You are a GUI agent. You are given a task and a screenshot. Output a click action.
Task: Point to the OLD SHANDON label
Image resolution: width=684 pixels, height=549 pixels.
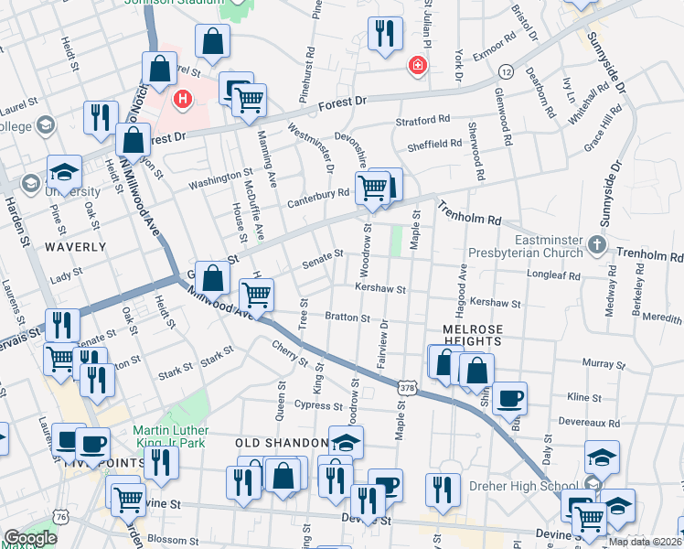click(282, 443)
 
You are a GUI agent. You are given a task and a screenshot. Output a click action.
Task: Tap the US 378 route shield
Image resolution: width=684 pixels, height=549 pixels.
click(401, 390)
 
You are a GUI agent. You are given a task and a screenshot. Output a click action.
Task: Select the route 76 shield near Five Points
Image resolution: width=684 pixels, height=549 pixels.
click(61, 518)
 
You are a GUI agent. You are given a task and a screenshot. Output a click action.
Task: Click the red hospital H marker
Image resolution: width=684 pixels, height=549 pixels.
click(183, 98)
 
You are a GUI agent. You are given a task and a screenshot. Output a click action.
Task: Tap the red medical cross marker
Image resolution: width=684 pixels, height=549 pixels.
click(417, 66)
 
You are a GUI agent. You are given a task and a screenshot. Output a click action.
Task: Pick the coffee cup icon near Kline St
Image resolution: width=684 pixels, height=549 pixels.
click(509, 398)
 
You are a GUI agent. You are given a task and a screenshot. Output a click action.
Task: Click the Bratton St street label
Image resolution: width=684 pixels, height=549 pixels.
click(347, 318)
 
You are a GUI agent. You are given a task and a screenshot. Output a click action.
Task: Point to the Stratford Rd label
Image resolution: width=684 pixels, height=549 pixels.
click(422, 120)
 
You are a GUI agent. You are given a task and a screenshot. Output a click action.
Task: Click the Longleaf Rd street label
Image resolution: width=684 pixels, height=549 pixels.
click(555, 274)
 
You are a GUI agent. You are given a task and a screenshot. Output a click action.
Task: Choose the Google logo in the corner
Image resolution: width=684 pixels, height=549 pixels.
click(30, 538)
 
